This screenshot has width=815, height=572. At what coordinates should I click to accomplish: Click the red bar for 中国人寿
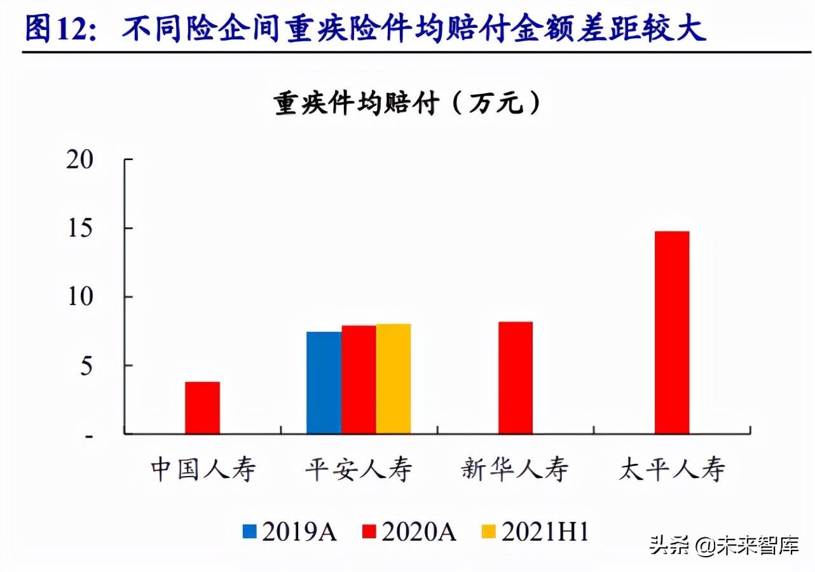pos(202,408)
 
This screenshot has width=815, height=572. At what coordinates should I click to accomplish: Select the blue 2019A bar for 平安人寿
pos(324,383)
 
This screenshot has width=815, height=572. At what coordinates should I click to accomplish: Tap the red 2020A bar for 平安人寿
pos(359,380)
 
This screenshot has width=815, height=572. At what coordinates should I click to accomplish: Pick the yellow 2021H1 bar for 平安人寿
pos(394,379)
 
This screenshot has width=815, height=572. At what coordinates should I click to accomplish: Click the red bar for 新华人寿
pos(516,378)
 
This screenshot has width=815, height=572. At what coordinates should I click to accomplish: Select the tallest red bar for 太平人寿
pos(672,332)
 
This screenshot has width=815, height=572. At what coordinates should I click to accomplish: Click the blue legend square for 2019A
pos(250,532)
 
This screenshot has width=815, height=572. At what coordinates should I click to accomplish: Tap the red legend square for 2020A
pos(369,532)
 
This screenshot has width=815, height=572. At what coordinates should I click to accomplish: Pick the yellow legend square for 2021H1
pos(488,532)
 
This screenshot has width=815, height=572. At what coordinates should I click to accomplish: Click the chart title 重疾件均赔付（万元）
pos(407,104)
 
